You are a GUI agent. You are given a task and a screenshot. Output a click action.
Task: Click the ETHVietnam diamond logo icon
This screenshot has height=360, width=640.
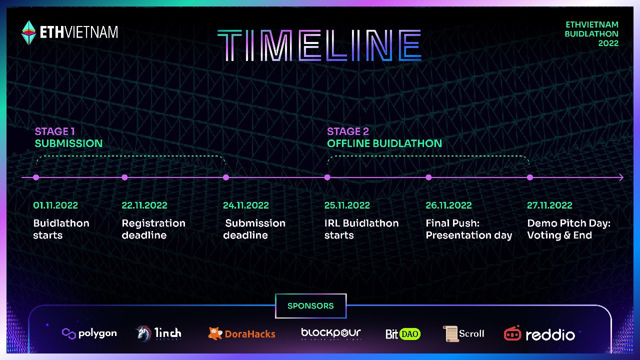(x=29, y=32)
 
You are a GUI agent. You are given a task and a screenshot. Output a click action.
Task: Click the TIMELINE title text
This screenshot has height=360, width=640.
(x=319, y=45)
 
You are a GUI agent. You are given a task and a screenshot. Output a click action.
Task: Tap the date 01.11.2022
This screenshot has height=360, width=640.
(x=55, y=205)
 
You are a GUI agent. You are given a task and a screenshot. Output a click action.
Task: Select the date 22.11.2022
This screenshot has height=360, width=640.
(x=144, y=205)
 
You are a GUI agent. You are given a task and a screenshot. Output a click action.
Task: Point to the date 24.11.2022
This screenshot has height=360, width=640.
(x=246, y=205)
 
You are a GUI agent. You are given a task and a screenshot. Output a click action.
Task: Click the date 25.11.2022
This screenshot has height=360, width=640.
(x=347, y=205)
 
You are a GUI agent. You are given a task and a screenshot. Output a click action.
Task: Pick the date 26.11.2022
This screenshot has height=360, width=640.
(x=448, y=205)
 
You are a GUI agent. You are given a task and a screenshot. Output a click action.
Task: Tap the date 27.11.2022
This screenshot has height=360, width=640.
(x=549, y=205)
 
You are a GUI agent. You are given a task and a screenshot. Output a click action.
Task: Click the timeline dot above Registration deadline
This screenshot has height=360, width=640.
(x=124, y=177)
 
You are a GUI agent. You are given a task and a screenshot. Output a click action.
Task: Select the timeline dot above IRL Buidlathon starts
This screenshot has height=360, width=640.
(x=327, y=177)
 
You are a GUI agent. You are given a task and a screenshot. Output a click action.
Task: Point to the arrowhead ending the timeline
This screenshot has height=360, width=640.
(x=621, y=177)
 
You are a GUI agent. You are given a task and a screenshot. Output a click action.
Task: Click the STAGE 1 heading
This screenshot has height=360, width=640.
(x=55, y=131)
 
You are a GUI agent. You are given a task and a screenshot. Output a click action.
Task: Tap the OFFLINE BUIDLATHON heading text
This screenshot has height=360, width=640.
(x=384, y=143)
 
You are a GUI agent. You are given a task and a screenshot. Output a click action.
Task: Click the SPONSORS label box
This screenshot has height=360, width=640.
(x=310, y=305)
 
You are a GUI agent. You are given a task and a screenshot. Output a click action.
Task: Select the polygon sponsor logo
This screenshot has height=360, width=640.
(x=89, y=333)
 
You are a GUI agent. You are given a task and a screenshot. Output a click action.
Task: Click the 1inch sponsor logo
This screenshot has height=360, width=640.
(x=159, y=333)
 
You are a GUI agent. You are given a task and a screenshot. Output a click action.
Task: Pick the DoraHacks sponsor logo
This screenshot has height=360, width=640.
(x=241, y=333)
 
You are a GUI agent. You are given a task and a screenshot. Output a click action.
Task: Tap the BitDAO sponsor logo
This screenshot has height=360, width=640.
(x=403, y=333)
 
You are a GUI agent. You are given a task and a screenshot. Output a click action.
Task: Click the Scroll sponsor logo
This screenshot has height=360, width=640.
(x=464, y=333)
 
